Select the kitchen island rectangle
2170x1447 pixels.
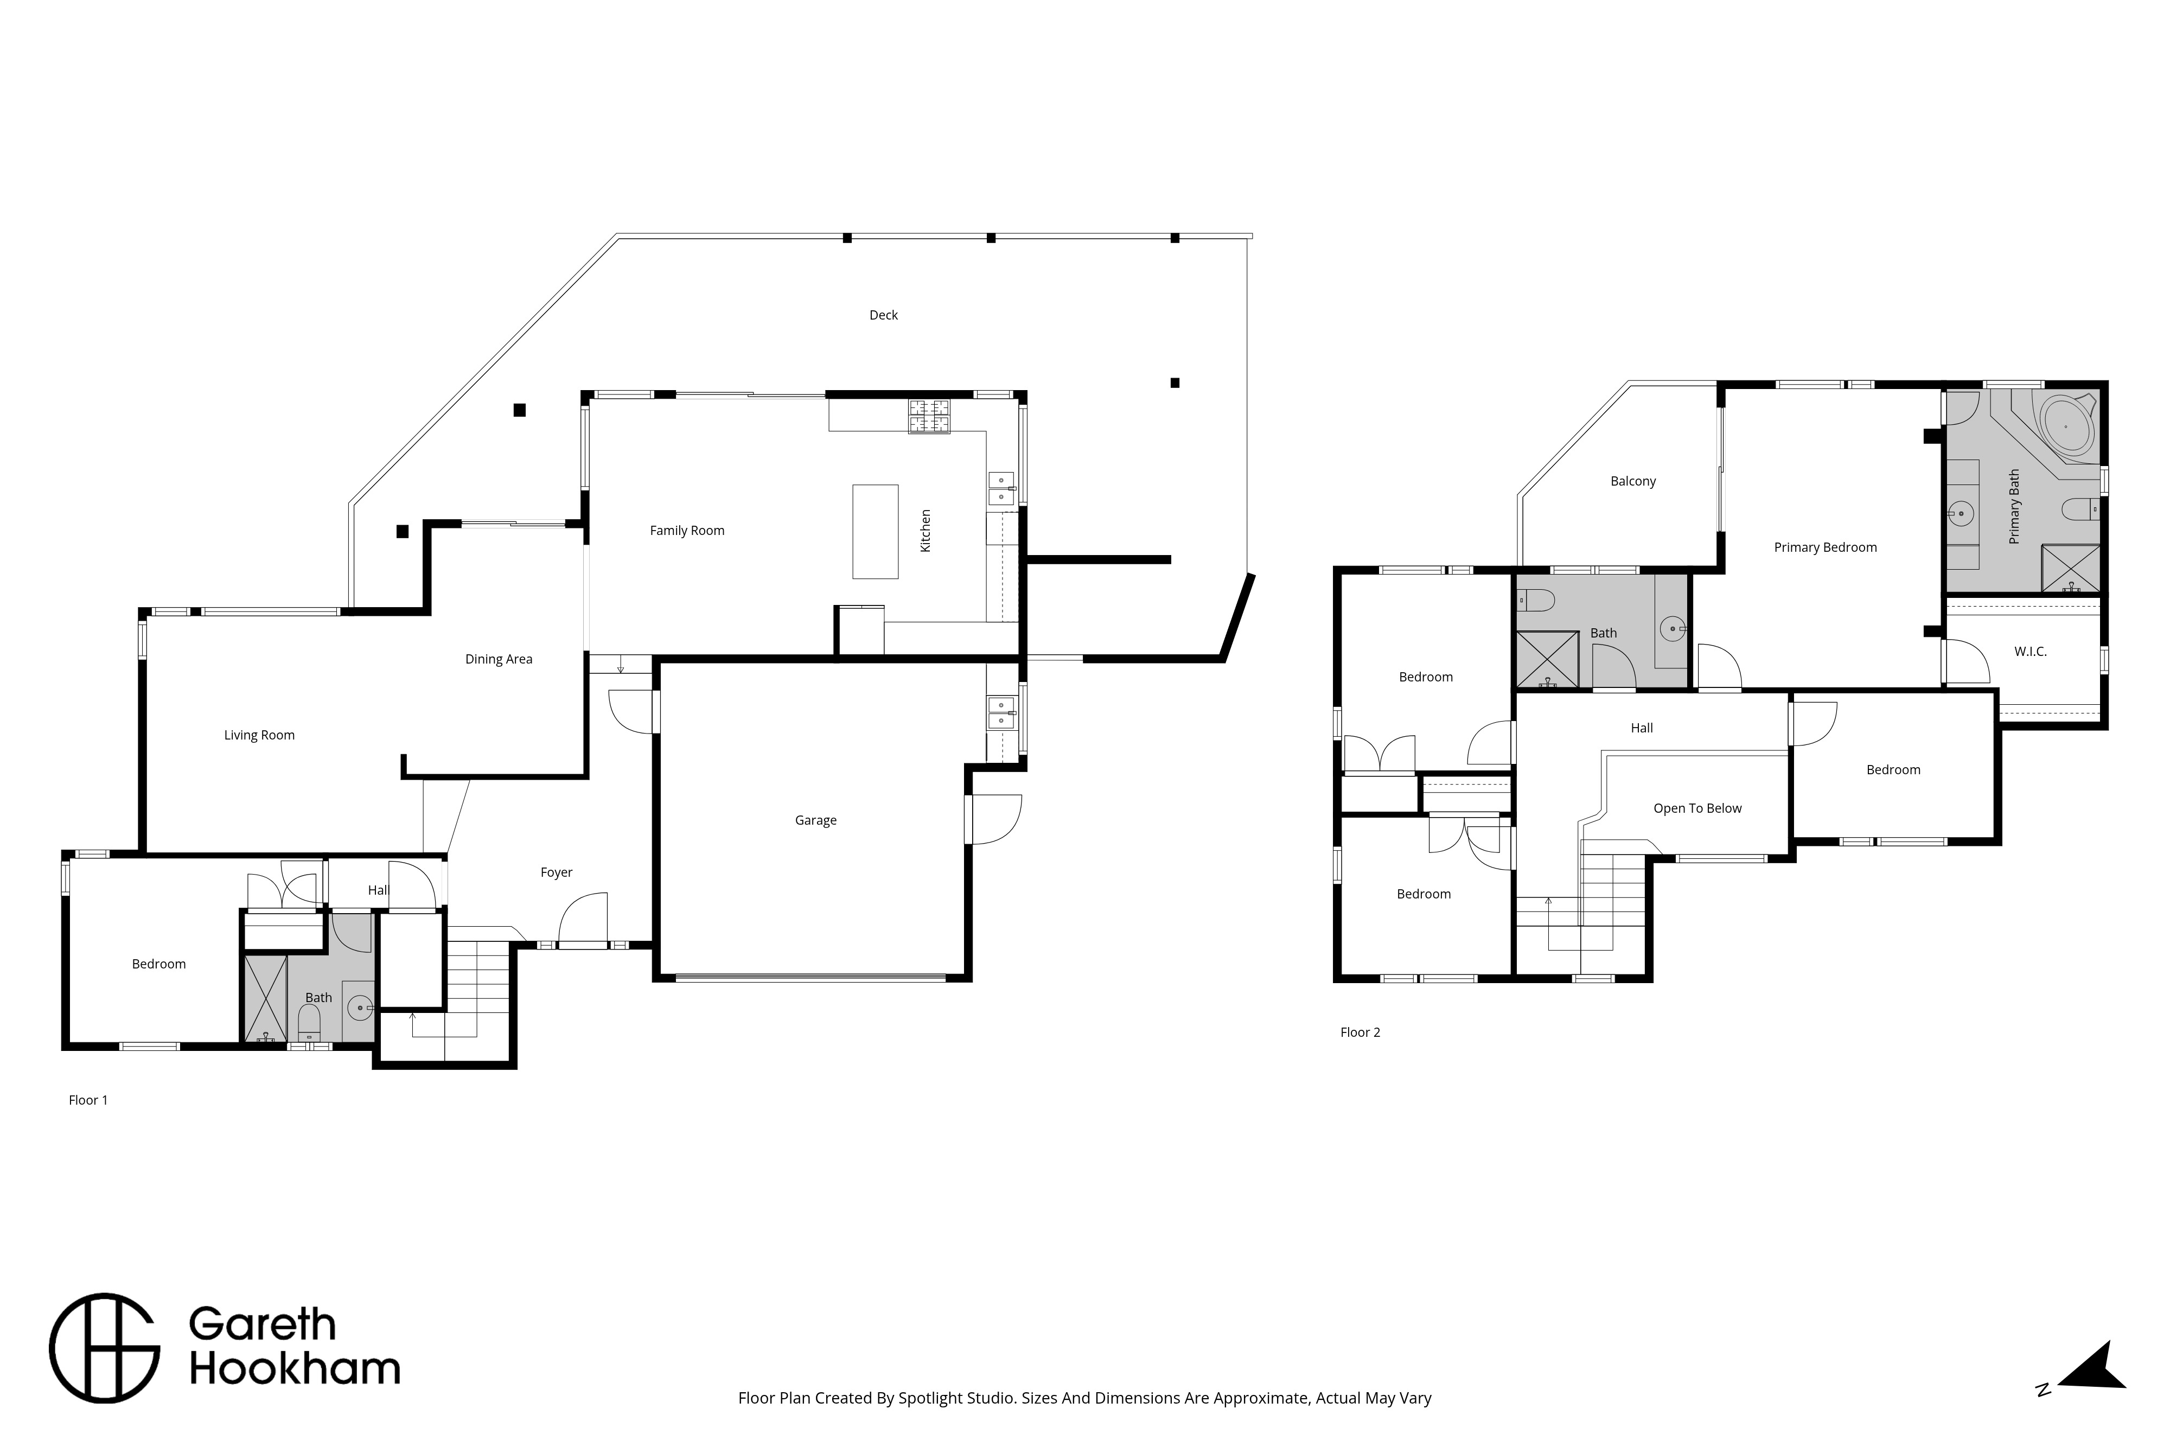click(x=875, y=532)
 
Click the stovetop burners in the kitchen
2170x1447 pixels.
click(x=929, y=416)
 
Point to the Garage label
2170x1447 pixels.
click(x=815, y=820)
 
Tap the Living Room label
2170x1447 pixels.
click(x=259, y=736)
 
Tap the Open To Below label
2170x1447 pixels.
click(x=1697, y=808)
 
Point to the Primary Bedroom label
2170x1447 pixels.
click(x=1825, y=548)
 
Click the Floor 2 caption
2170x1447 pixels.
click(x=1360, y=1032)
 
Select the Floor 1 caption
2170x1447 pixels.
click(x=88, y=1100)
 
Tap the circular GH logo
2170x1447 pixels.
click(x=104, y=1348)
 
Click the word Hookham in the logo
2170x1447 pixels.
click(x=295, y=1369)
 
